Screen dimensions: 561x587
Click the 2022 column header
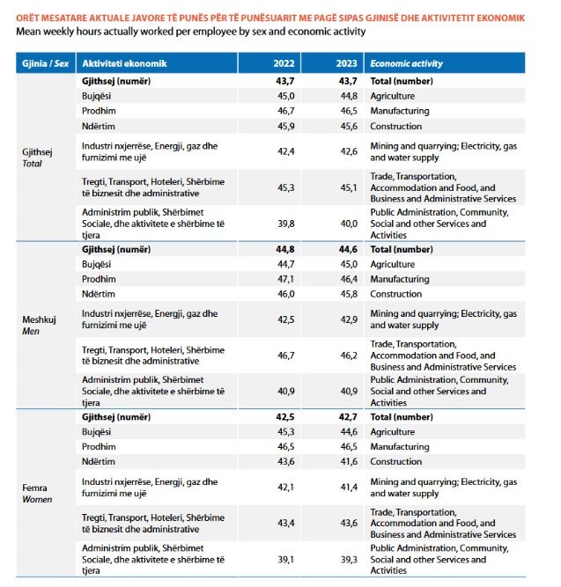tap(284, 63)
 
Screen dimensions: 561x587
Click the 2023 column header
tap(347, 63)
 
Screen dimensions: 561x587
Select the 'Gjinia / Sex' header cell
tap(45, 63)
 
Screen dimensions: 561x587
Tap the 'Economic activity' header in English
tap(406, 63)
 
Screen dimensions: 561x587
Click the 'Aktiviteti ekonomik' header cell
tap(124, 63)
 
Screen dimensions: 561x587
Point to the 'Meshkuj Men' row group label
tap(39, 326)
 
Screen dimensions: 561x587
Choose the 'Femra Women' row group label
tap(37, 494)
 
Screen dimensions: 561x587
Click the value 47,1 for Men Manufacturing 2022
tap(286, 279)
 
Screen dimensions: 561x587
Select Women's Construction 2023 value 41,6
tap(349, 461)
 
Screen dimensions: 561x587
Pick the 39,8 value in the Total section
tap(286, 224)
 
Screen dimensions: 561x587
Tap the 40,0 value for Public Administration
tap(349, 224)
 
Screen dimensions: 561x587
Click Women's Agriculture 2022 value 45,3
tap(286, 431)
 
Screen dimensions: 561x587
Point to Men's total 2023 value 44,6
tap(348, 249)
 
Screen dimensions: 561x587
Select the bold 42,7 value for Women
tap(348, 417)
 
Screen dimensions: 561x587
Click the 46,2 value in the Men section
tap(349, 356)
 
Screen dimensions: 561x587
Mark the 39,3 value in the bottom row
tap(349, 560)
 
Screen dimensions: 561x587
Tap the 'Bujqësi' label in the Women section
tap(96, 432)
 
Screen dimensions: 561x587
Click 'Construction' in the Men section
tap(395, 294)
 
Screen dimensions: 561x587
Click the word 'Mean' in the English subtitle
tap(28, 32)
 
